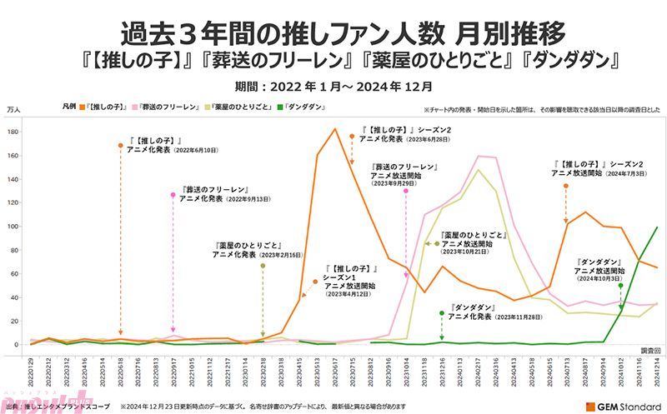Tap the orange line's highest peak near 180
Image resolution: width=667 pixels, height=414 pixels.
(335, 129)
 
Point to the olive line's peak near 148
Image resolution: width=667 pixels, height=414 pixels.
(478, 170)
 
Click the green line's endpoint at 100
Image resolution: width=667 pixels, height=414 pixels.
(657, 227)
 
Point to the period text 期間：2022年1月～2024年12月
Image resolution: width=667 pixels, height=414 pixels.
(333, 86)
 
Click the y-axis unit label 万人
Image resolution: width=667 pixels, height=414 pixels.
(14, 109)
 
